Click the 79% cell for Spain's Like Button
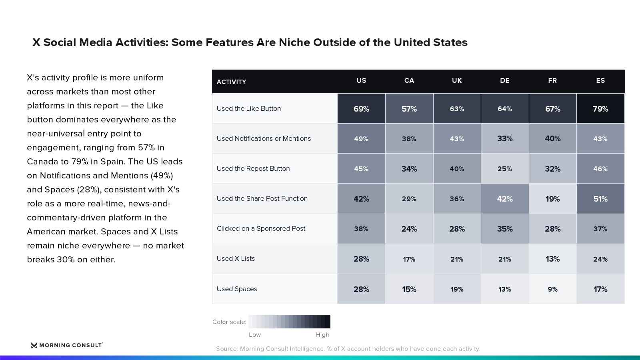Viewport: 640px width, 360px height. [600, 108]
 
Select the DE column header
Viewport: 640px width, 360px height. [504, 80]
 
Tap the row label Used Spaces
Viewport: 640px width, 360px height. [237, 289]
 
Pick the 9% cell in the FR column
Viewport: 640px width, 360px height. [552, 289]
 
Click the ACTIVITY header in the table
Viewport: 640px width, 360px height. [232, 82]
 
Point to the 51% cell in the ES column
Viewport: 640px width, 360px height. [600, 198]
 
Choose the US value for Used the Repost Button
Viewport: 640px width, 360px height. [361, 168]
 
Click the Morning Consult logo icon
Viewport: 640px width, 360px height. [34, 345]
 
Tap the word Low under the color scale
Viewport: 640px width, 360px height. [255, 334]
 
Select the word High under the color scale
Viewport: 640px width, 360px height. [322, 334]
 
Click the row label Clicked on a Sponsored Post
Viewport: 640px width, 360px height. [261, 228]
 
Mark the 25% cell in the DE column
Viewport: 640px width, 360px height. [504, 168]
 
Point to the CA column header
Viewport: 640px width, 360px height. [409, 80]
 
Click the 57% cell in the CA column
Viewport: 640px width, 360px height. [409, 108]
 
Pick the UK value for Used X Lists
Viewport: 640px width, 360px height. [457, 259]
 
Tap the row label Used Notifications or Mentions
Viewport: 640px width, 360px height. [264, 138]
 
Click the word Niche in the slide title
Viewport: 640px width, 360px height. [294, 42]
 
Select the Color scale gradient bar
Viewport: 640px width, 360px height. [290, 322]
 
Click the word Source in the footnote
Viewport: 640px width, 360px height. [227, 348]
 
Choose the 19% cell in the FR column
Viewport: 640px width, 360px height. [552, 198]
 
